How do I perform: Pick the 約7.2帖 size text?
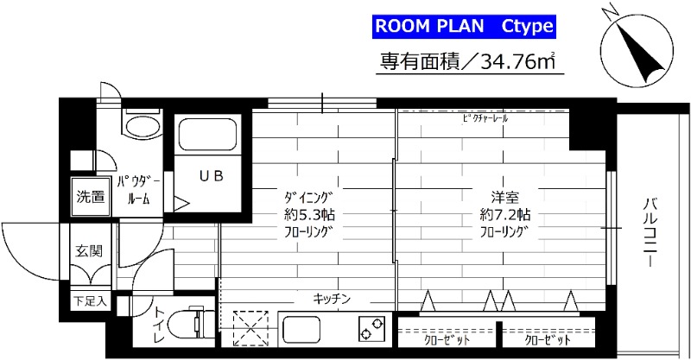(x=506, y=215)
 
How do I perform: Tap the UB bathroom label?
(x=211, y=177)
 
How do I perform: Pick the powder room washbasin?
(x=138, y=126)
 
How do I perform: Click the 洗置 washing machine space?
(x=90, y=195)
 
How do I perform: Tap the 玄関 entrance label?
(x=90, y=251)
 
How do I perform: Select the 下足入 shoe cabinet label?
(x=89, y=302)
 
